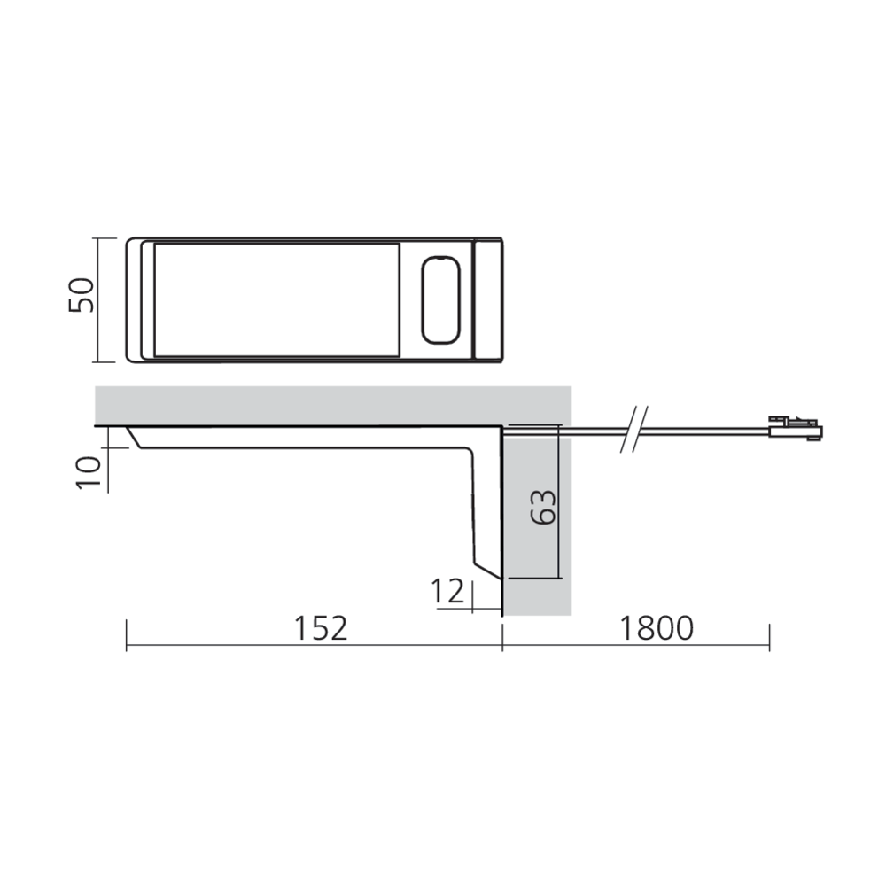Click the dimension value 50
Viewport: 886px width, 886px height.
tap(82, 294)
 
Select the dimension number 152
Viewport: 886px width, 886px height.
tap(321, 627)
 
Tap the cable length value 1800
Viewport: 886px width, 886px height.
tap(656, 627)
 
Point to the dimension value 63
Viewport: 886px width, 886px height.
tap(546, 507)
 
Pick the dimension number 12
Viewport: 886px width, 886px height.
tap(449, 591)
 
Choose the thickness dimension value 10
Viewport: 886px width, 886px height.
tap(89, 471)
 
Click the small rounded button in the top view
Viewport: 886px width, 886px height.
tap(440, 299)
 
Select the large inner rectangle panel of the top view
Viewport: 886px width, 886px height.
tap(276, 299)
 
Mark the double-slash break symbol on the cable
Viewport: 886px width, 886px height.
tap(634, 429)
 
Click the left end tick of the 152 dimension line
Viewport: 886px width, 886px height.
tap(127, 635)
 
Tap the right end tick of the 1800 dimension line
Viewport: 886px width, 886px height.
tap(769, 635)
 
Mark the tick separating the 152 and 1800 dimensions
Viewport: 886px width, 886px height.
tap(502, 635)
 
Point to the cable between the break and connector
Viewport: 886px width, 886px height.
tap(709, 431)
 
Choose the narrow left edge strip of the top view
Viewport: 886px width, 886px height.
tap(140, 299)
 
